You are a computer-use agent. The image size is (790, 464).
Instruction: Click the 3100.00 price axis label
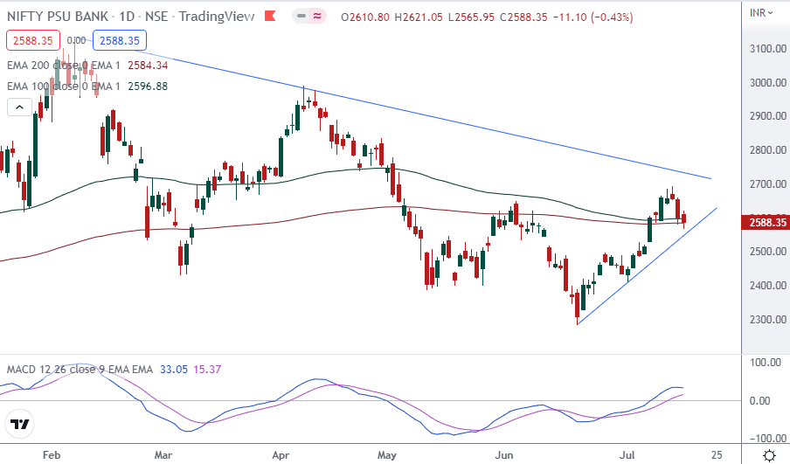tap(768, 49)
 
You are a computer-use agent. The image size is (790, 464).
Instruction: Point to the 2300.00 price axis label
tap(768, 320)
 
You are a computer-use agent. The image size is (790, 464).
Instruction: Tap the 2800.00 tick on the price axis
tap(768, 151)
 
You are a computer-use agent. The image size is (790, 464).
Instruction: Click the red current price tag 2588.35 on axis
tap(766, 223)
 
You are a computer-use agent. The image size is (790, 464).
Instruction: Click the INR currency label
tap(761, 11)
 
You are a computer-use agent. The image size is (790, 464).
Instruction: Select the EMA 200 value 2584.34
tap(148, 65)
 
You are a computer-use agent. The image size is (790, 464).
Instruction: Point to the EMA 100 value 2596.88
tap(148, 86)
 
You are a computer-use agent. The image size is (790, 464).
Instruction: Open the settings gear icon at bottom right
tap(769, 455)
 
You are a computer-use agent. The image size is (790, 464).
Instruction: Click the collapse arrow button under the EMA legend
tap(18, 107)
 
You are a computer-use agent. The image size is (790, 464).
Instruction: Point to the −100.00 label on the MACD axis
tap(766, 438)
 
